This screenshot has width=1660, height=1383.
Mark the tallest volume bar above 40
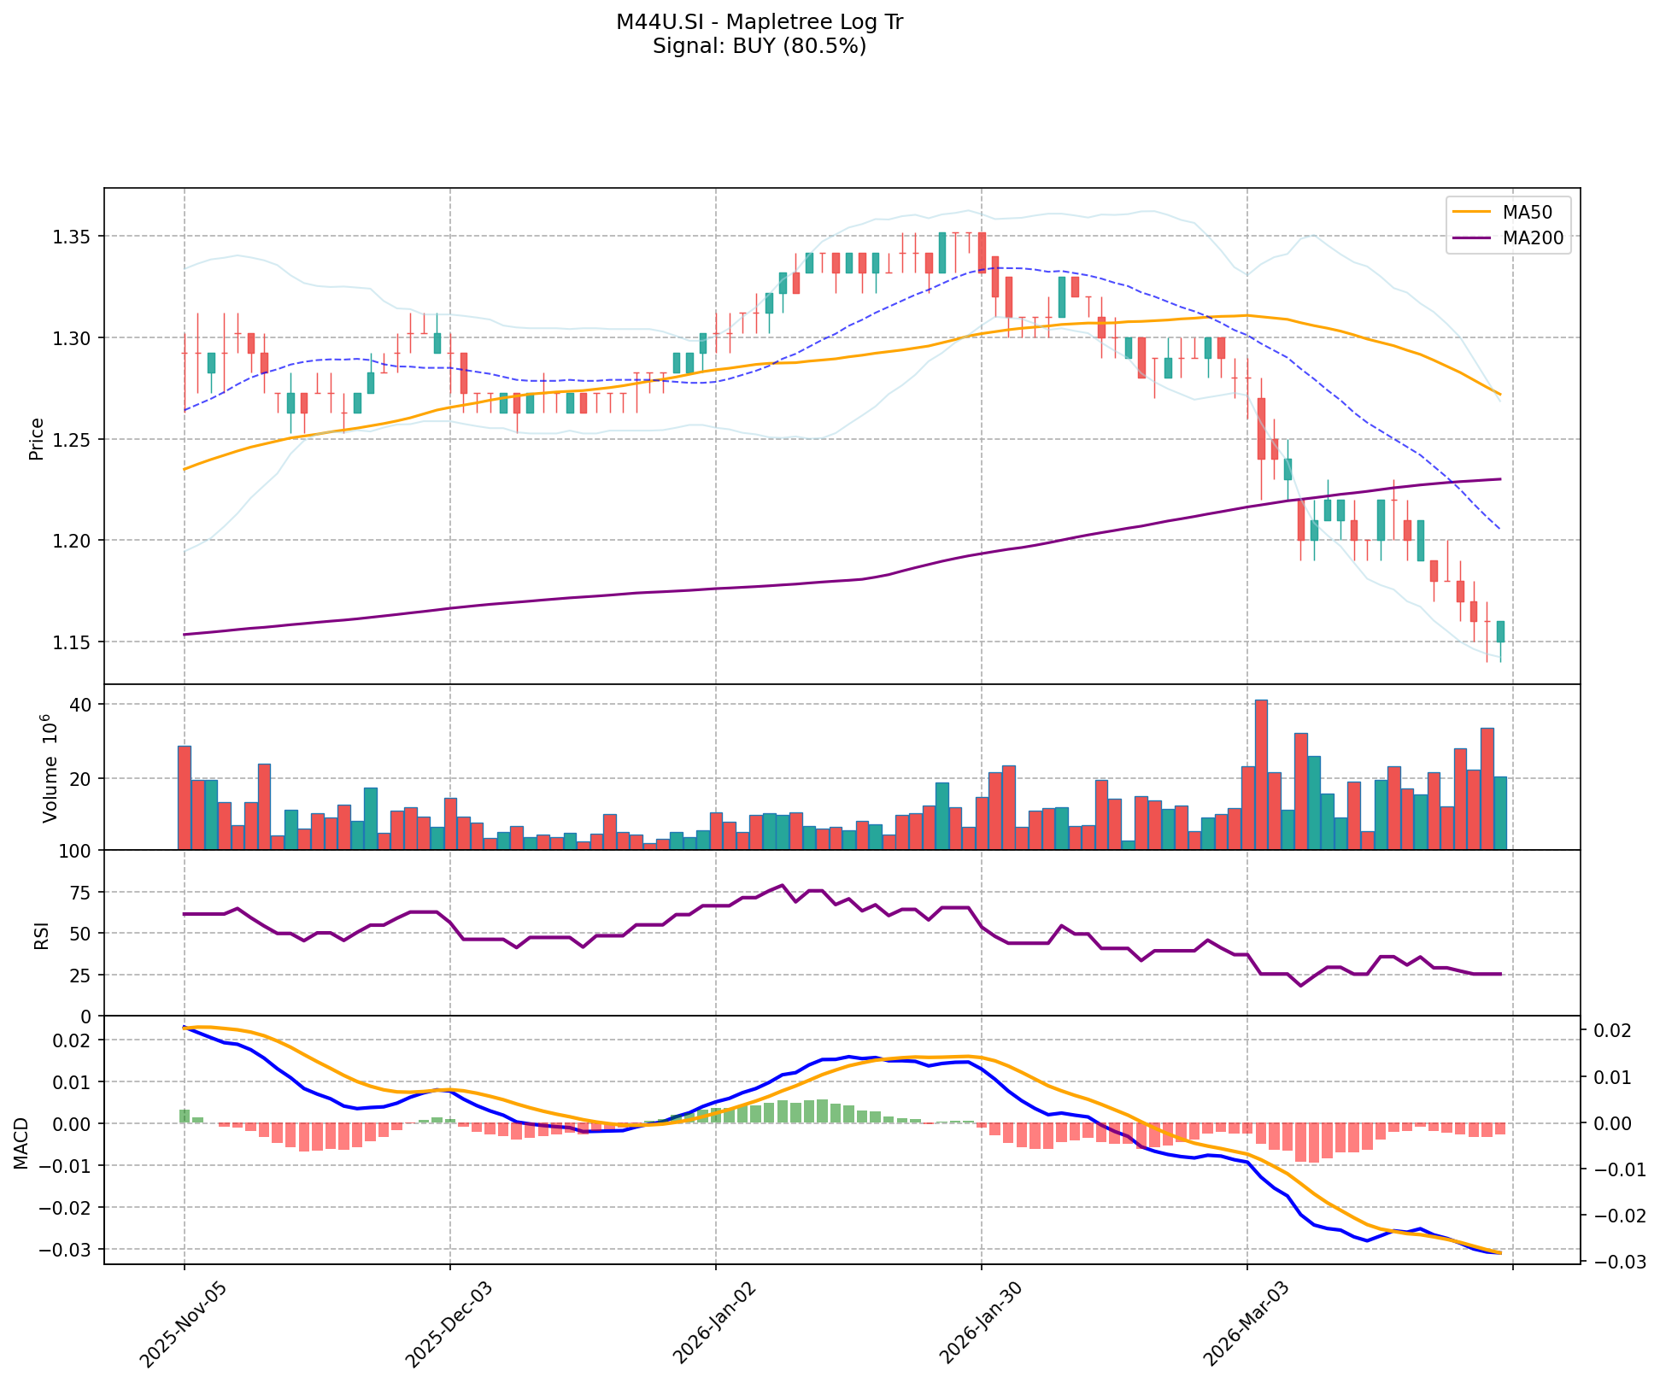(x=1261, y=774)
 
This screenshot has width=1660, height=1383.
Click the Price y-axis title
(x=37, y=439)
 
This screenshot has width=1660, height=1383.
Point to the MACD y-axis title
(x=21, y=1143)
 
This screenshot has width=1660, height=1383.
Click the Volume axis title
(x=50, y=769)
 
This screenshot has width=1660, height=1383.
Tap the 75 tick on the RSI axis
(x=84, y=893)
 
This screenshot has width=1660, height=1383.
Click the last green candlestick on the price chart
(x=1500, y=632)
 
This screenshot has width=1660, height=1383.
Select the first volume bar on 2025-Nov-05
(x=185, y=797)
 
